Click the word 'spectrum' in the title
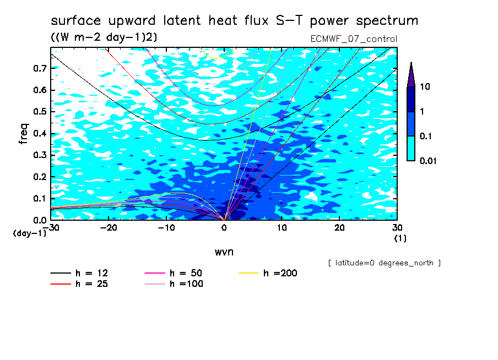pyautogui.click(x=387, y=21)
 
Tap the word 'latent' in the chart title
pyautogui.click(x=182, y=20)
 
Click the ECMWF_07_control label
pyautogui.click(x=354, y=39)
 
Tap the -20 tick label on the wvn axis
pyautogui.click(x=109, y=228)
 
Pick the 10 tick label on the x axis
pyautogui.click(x=282, y=228)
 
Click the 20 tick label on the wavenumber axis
pyautogui.click(x=339, y=228)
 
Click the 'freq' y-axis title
pyautogui.click(x=23, y=134)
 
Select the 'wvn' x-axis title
pyautogui.click(x=224, y=252)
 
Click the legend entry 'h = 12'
pyautogui.click(x=79, y=273)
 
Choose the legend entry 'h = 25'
pyautogui.click(x=79, y=283)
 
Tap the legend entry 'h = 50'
pyautogui.click(x=174, y=273)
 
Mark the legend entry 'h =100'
pyautogui.click(x=174, y=283)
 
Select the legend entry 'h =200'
pyautogui.click(x=268, y=273)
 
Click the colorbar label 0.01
pyautogui.click(x=428, y=161)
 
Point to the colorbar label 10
pyautogui.click(x=425, y=86)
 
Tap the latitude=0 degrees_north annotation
pyautogui.click(x=385, y=263)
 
